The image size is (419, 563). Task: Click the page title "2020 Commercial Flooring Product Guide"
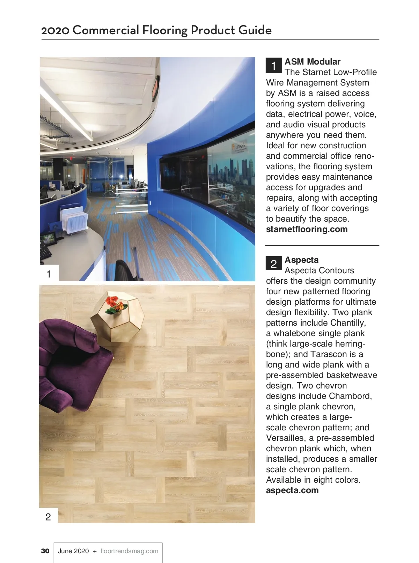click(x=156, y=30)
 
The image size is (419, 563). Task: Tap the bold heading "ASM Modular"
click(x=312, y=62)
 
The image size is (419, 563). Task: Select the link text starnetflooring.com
click(x=307, y=229)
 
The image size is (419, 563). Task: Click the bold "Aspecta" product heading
click(x=301, y=260)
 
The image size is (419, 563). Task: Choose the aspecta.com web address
click(x=292, y=490)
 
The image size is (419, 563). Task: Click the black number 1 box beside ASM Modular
click(x=273, y=65)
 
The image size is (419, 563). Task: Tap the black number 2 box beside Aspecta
click(x=273, y=264)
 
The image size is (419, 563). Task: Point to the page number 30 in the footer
click(x=45, y=551)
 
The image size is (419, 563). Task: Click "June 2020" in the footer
click(x=73, y=551)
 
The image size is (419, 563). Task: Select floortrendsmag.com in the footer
click(x=129, y=551)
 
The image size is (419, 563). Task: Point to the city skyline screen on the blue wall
click(x=230, y=175)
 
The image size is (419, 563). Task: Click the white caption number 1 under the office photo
click(x=49, y=274)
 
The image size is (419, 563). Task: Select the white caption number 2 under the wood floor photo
click(x=48, y=517)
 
